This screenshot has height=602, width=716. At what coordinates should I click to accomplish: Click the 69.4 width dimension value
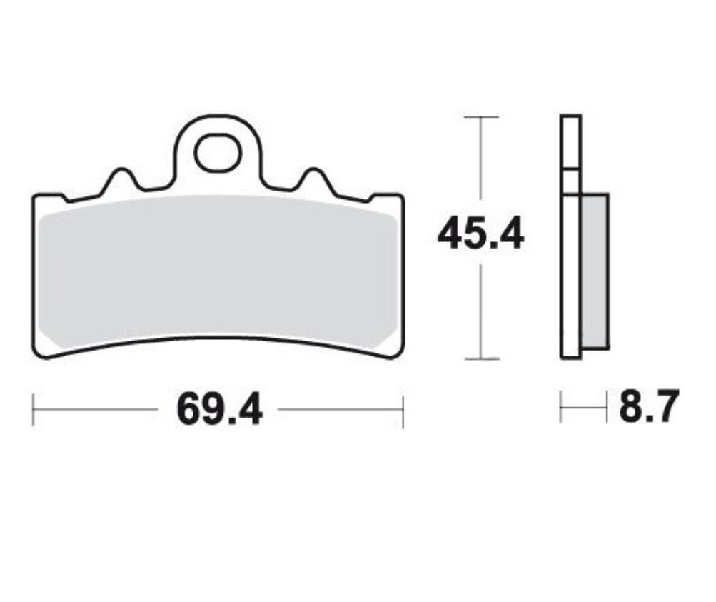pyautogui.click(x=219, y=409)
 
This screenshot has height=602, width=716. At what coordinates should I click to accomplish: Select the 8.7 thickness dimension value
pyautogui.click(x=646, y=408)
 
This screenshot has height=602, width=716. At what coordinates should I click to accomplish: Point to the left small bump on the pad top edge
pyautogui.click(x=121, y=175)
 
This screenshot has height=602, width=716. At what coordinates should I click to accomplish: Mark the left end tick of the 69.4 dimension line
pyautogui.click(x=34, y=409)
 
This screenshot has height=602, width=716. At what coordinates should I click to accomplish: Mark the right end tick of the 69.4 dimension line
pyautogui.click(x=403, y=409)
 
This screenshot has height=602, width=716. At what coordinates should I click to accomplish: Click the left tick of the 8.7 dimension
pyautogui.click(x=561, y=408)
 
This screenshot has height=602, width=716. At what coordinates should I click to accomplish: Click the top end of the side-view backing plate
pyautogui.click(x=570, y=116)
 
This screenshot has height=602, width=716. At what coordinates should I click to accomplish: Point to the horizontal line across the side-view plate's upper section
pyautogui.click(x=570, y=170)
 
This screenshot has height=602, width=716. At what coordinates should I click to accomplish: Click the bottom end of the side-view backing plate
pyautogui.click(x=570, y=357)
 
